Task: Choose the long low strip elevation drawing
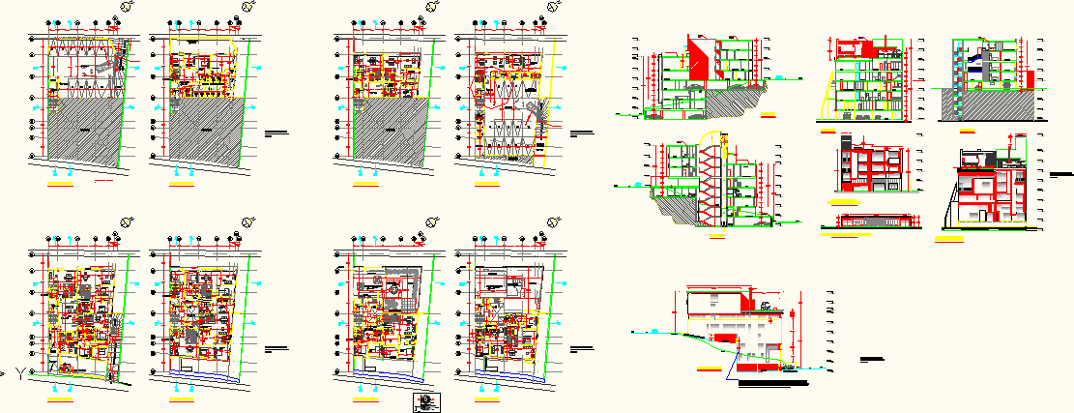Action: click(x=867, y=221)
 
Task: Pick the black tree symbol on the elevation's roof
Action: click(x=764, y=308)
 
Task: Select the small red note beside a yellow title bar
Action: click(x=104, y=181)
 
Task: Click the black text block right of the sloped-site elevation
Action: click(x=871, y=361)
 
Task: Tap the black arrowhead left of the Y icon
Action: click(x=4, y=372)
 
